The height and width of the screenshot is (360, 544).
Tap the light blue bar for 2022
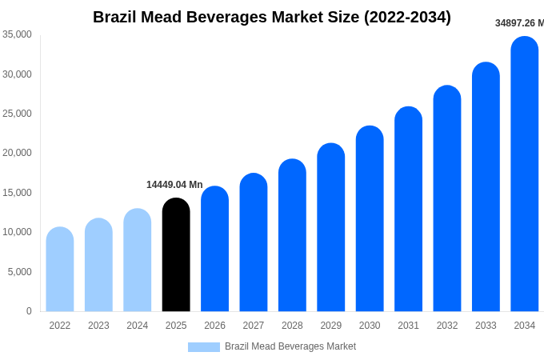60,270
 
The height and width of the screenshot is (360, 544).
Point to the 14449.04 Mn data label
174,185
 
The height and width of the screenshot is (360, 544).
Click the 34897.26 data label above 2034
519,23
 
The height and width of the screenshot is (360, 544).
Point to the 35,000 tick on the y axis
17,34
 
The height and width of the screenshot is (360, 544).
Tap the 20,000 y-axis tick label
17,153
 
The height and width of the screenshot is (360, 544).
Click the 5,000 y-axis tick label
19,272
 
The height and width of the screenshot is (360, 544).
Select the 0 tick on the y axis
29,311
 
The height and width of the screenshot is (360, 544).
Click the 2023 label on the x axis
98,326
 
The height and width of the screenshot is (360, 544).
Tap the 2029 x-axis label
331,326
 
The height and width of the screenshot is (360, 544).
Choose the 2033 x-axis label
486,326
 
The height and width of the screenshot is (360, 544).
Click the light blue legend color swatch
203,346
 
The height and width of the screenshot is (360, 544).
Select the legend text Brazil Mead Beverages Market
290,346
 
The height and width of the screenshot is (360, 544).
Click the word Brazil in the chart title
116,17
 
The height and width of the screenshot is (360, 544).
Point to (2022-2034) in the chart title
407,17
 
